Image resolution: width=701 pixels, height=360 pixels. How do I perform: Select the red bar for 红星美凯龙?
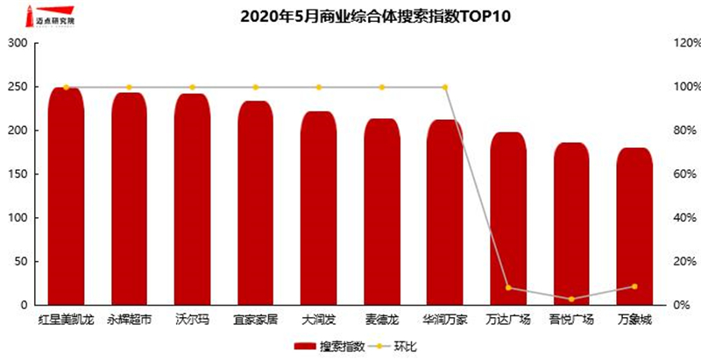[66, 197]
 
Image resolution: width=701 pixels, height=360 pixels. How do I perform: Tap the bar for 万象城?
[634, 228]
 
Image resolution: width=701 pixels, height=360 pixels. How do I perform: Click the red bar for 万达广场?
[507, 219]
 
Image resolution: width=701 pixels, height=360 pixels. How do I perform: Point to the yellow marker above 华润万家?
[445, 88]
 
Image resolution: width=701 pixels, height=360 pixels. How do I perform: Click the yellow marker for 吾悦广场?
[571, 300]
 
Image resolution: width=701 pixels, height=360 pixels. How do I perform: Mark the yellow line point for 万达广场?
[507, 287]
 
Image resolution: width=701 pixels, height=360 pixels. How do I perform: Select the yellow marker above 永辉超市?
[130, 88]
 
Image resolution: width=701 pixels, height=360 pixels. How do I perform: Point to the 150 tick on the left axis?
[18, 174]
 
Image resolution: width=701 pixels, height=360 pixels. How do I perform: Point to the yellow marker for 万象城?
[634, 286]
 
